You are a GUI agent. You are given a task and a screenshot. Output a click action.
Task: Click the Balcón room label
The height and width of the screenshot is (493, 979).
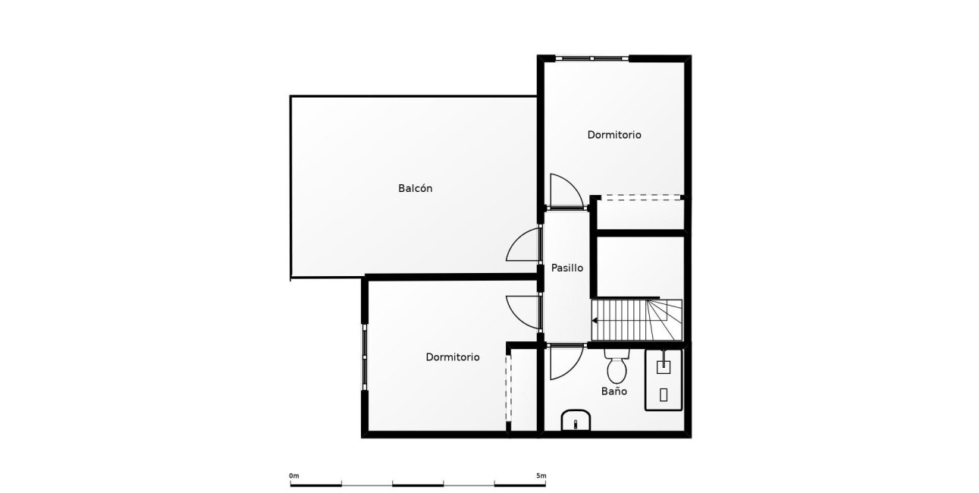pos(415,188)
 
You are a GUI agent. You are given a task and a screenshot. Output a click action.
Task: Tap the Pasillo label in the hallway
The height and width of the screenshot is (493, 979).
pos(566,268)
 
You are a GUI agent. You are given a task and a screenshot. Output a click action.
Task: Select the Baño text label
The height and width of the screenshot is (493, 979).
pos(614,392)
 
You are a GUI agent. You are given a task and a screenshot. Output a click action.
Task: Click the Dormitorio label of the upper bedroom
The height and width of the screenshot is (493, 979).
pos(614,135)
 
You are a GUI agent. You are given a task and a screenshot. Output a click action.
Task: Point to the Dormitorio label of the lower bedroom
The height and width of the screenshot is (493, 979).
pos(452,356)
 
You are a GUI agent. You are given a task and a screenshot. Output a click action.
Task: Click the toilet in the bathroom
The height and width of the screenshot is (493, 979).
pos(616,367)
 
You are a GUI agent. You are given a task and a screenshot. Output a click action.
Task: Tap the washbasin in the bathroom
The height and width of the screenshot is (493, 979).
pos(576,420)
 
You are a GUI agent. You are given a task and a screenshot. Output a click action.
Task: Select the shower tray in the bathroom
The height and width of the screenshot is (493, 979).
pos(664,379)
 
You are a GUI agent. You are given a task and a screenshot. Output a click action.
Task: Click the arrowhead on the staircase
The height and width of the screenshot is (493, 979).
pos(595,320)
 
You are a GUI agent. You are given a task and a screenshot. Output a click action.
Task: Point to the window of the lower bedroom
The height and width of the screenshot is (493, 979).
pos(366,357)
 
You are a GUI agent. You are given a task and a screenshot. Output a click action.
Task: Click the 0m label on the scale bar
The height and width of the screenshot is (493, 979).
pos(294,476)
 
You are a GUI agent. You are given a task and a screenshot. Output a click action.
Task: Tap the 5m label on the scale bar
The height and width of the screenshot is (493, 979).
pos(541,476)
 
